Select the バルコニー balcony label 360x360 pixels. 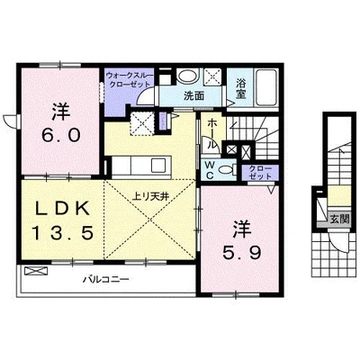109,279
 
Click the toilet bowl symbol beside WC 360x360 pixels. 226,167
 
